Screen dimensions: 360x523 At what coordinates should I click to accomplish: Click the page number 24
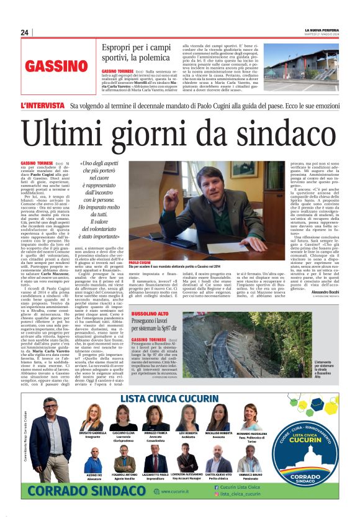24,32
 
